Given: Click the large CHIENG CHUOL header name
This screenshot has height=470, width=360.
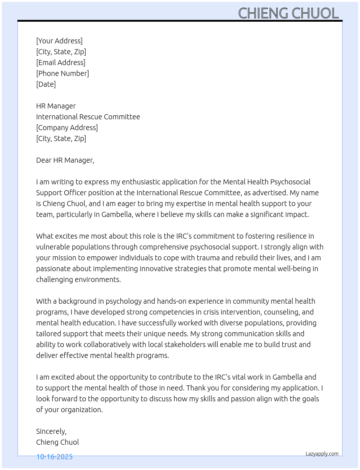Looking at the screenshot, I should [x=288, y=13].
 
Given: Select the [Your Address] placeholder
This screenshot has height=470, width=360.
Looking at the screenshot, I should [x=59, y=41].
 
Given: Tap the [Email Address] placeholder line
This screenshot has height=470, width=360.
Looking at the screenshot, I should [x=61, y=63].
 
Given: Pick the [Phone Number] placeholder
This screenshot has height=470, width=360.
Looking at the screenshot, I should [x=63, y=73].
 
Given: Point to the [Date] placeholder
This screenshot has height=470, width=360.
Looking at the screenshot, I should [x=46, y=84].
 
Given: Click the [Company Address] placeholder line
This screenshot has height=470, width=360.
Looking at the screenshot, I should [x=67, y=128].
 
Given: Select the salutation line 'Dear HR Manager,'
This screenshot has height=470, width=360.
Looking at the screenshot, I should [x=65, y=160].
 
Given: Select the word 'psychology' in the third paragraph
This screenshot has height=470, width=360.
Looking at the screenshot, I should [x=124, y=301].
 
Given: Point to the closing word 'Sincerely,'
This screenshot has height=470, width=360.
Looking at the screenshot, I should [x=51, y=431].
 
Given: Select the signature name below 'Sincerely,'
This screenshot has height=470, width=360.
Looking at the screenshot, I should [x=57, y=442].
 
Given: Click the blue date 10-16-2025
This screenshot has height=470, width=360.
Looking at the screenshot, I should [x=55, y=457].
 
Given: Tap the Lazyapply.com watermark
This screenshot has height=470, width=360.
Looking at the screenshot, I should [x=322, y=454].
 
